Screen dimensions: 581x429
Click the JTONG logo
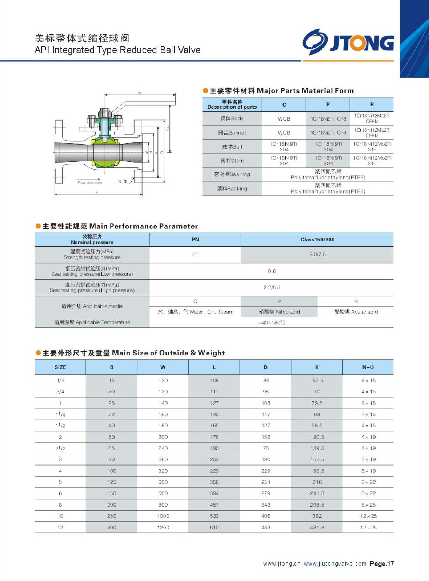pyautogui.click(x=348, y=42)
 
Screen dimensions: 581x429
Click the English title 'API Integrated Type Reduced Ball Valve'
pyautogui.click(x=117, y=50)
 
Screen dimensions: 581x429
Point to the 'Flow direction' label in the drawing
pyautogui.click(x=90, y=183)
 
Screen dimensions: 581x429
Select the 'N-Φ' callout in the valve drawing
pyautogui.click(x=123, y=182)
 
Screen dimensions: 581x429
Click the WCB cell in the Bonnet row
pyautogui.click(x=284, y=133)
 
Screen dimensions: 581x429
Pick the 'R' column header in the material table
pyautogui.click(x=372, y=105)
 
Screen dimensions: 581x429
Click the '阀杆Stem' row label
pyautogui.click(x=232, y=161)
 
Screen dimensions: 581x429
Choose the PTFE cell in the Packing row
pyautogui.click(x=328, y=188)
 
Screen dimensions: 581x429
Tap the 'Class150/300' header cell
pyautogui.click(x=317, y=240)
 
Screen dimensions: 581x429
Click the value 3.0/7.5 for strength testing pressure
pyautogui.click(x=317, y=255)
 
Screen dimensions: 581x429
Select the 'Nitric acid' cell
pyautogui.click(x=279, y=312)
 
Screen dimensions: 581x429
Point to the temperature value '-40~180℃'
pyautogui.click(x=272, y=322)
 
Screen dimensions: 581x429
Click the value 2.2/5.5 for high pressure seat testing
pyautogui.click(x=272, y=288)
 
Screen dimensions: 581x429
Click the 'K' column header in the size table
pyautogui.click(x=317, y=367)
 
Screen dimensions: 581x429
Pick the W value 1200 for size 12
pyautogui.click(x=163, y=527)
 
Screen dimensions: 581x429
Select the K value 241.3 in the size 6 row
pyautogui.click(x=317, y=493)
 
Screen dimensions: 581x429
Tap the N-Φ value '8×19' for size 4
pyautogui.click(x=368, y=471)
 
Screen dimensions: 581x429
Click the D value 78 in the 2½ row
pyautogui.click(x=266, y=448)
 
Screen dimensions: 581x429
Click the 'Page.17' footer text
pyautogui.click(x=382, y=564)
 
